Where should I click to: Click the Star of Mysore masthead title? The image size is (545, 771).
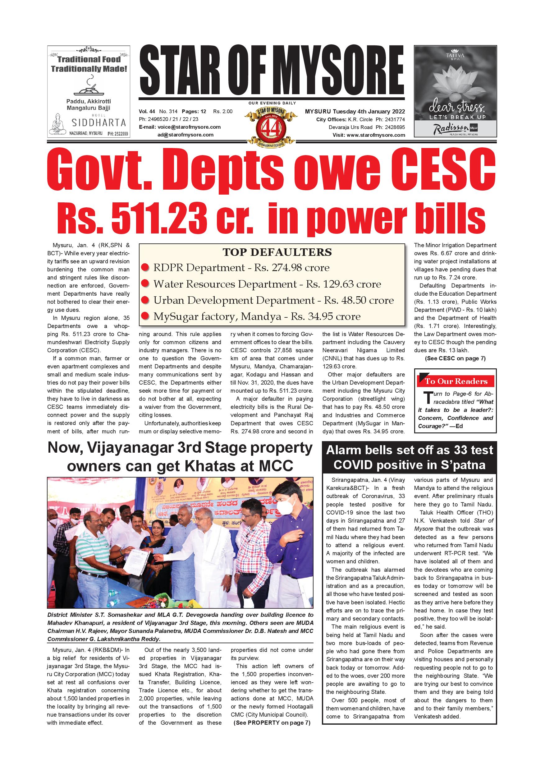tap(272, 71)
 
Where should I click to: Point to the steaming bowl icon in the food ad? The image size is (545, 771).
tap(88, 87)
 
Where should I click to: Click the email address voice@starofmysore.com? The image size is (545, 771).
tap(189, 127)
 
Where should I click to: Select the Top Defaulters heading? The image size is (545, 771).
tap(277, 252)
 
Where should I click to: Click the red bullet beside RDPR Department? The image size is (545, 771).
tap(145, 268)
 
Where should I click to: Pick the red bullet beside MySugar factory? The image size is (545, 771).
tap(145, 316)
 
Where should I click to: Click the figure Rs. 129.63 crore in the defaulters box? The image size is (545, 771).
tap(343, 284)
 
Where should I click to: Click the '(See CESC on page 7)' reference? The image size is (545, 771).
tap(455, 358)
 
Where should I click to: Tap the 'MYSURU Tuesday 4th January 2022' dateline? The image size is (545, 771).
tap(355, 112)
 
